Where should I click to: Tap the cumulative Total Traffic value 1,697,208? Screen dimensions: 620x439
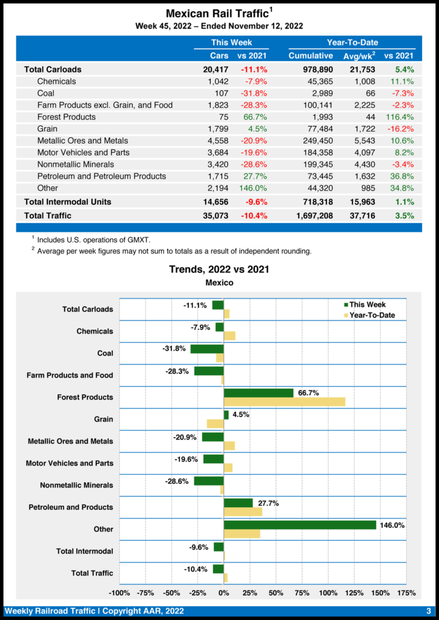pos(311,215)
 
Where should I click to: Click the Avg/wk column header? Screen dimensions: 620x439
pos(358,56)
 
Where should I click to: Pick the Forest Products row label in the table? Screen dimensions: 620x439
pos(66,117)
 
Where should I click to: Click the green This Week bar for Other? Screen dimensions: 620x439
pos(300,525)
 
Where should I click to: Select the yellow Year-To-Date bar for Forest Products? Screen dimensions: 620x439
pos(284,401)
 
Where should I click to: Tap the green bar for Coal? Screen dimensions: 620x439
pos(207,349)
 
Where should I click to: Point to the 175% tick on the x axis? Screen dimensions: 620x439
pos(406,592)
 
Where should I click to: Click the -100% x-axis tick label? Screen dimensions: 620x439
pos(119,592)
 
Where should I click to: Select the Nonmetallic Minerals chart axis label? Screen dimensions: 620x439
pos(76,486)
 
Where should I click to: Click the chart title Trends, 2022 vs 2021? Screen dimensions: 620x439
pos(219,269)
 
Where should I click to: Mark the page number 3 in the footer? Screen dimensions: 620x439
pos(428,610)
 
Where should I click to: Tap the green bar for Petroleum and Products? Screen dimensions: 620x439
pos(238,503)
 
